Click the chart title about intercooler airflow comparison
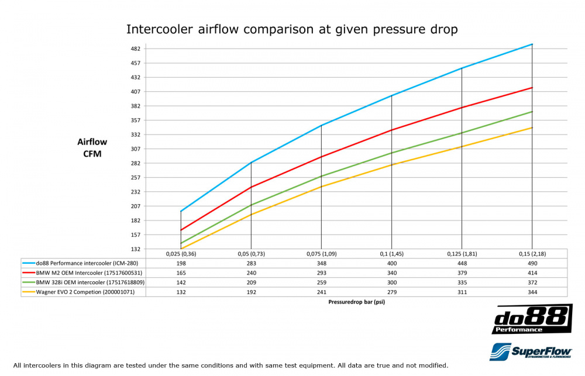point(292,29)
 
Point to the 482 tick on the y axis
point(135,49)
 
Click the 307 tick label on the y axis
point(135,149)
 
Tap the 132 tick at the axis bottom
point(135,249)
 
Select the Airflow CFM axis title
point(92,147)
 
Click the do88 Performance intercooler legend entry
point(84,263)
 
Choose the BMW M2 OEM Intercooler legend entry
point(84,272)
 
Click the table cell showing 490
point(532,263)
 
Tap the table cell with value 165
point(181,272)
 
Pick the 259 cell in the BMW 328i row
point(321,282)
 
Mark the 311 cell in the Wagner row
point(462,292)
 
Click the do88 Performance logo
point(532,319)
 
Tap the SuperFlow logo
point(531,351)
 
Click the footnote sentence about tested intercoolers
point(230,365)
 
